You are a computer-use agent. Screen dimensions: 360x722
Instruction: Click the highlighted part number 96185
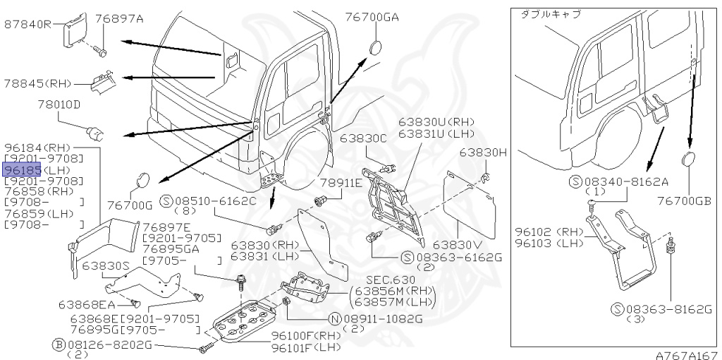pyautogui.click(x=23, y=170)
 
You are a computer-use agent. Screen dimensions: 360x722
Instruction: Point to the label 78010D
pyautogui.click(x=59, y=104)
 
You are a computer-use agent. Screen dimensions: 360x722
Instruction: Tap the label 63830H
pyautogui.click(x=484, y=152)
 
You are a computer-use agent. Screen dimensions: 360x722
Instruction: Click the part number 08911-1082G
pyautogui.click(x=385, y=318)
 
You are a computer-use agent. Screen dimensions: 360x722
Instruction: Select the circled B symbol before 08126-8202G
pyautogui.click(x=59, y=344)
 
